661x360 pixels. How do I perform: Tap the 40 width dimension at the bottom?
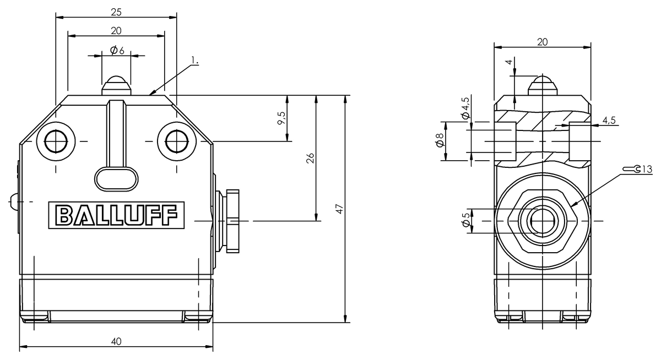tap(116, 341)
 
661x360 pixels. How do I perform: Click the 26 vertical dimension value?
tap(311, 159)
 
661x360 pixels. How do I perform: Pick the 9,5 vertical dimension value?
tap(281, 118)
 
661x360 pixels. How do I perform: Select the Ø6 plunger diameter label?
tap(117, 51)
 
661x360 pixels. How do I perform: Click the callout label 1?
tap(194, 60)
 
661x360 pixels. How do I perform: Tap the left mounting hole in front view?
tap(55, 141)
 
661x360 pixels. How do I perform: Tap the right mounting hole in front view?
tap(176, 141)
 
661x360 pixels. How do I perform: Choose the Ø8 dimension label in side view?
tap(439, 141)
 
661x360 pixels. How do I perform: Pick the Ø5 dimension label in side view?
tap(466, 220)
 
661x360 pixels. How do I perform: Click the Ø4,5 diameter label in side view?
tap(465, 108)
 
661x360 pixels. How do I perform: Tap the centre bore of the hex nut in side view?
tap(543, 220)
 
